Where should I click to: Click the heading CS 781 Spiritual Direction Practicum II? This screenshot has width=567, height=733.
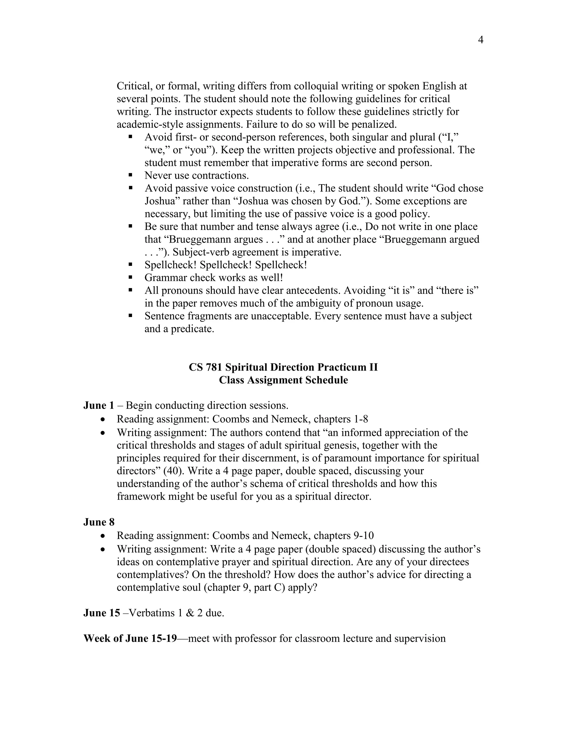pos(283,367)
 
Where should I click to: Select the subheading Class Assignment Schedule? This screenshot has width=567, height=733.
pos(283,380)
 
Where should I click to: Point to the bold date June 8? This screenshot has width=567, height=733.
pos(99,522)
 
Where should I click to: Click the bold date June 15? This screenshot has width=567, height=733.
pos(101,613)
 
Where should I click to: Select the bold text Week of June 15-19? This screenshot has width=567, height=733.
pos(130,638)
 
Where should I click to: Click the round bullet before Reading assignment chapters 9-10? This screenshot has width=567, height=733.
pos(103,536)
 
